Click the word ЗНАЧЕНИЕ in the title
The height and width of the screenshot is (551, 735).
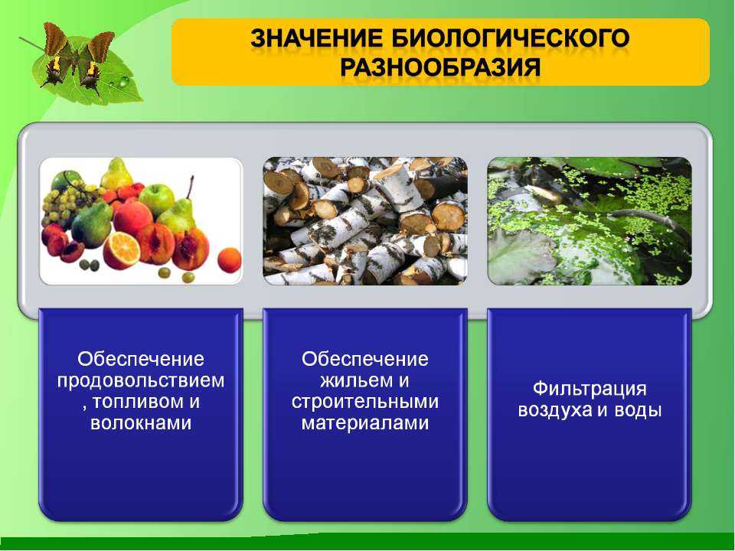point(317,38)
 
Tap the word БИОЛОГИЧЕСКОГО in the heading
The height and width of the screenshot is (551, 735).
point(510,38)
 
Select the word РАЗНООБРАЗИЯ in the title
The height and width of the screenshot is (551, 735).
point(440,67)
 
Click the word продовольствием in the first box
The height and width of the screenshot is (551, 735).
point(141,380)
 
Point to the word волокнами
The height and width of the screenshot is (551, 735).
point(141,423)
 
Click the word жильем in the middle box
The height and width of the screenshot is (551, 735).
point(352,380)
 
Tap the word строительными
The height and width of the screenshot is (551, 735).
point(365,402)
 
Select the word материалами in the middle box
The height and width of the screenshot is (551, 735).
point(365,423)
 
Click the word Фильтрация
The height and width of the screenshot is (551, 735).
point(590,389)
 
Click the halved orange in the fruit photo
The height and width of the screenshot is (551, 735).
point(122,251)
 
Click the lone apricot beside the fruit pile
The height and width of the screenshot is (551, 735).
point(229,260)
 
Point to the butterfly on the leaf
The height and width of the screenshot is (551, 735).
point(77,59)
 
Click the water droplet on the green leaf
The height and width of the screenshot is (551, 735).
point(124,82)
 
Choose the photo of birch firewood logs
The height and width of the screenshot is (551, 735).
point(365,220)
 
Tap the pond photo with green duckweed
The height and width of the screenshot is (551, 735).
point(590,220)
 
